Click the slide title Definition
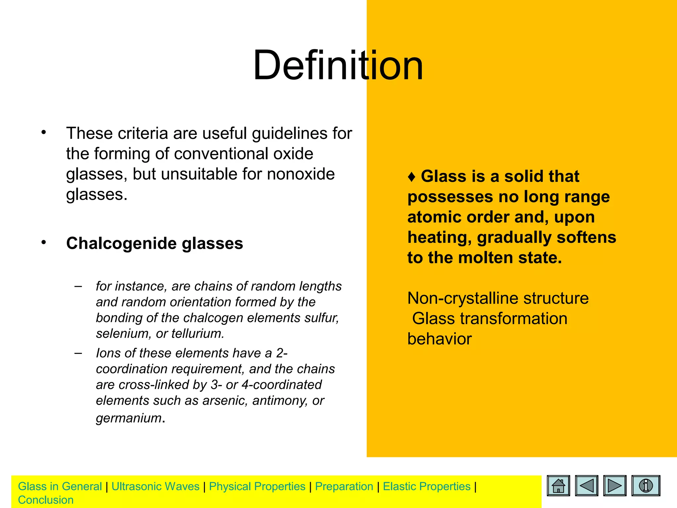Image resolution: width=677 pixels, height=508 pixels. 338,65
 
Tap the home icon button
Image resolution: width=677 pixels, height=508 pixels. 558,486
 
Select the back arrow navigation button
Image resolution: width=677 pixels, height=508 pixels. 586,486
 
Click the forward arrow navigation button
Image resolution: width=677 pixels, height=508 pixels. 615,486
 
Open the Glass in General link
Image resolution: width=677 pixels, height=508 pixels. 60,486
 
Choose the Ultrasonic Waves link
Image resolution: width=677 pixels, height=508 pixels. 155,486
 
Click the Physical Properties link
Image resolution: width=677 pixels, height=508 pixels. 257,486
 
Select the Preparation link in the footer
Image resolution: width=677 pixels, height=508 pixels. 344,486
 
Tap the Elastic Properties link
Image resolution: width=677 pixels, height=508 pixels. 426,486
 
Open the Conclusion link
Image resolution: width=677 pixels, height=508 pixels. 46,500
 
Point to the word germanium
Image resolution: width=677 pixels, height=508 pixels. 129,418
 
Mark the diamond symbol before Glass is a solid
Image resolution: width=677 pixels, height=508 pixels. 412,177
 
